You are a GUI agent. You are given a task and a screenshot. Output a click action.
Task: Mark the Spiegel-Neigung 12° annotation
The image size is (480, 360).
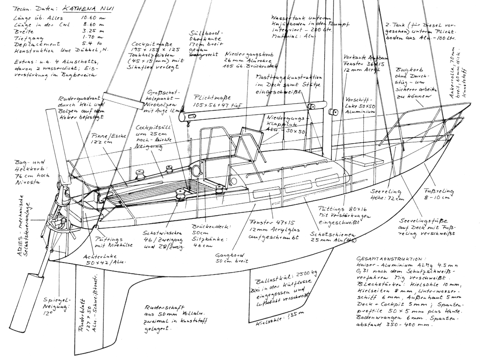click(x=57, y=306)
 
